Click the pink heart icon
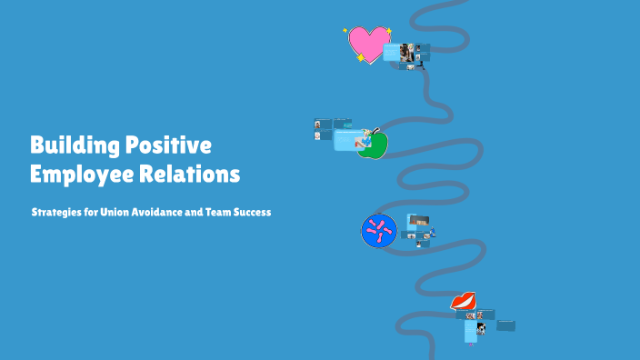[x=367, y=43]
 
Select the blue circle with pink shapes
[x=378, y=231]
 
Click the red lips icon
[x=464, y=301]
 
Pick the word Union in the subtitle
[x=122, y=212]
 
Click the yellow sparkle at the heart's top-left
[x=345, y=30]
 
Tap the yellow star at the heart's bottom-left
[x=360, y=58]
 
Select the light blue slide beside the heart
[x=391, y=52]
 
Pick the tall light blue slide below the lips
[x=470, y=331]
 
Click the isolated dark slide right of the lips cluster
[x=506, y=325]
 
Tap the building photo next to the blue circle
[x=418, y=220]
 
